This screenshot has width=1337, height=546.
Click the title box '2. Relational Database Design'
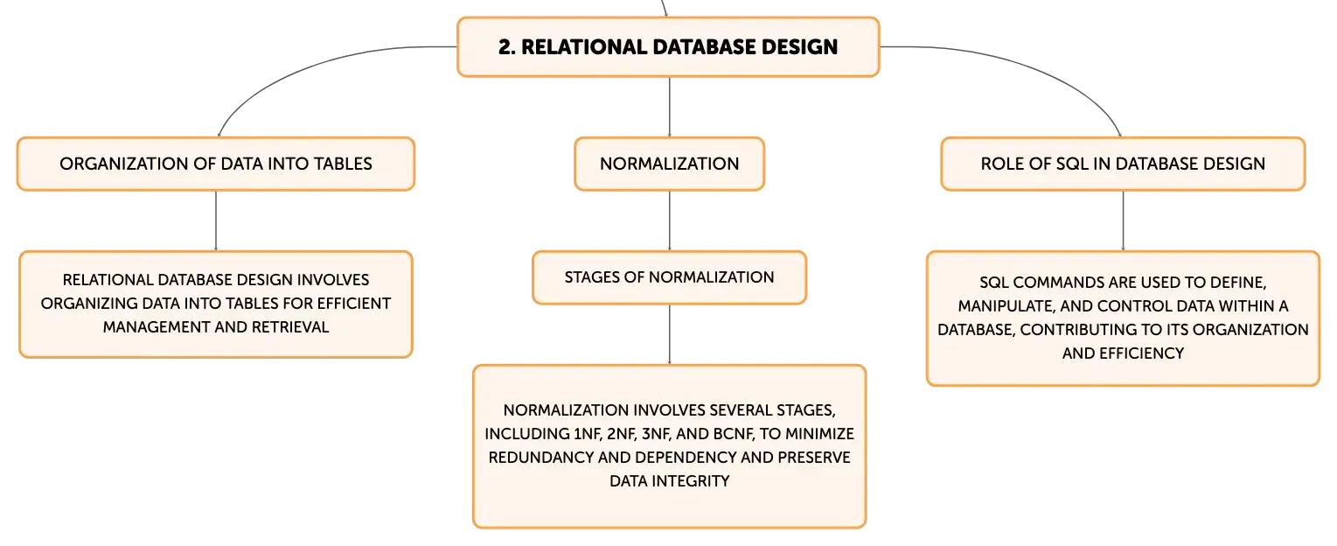coord(668,46)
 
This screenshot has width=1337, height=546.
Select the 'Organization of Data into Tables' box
coord(215,164)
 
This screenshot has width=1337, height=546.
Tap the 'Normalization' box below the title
coord(669,164)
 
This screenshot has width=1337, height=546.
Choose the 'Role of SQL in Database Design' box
coord(1123,164)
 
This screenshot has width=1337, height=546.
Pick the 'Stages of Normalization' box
coord(669,277)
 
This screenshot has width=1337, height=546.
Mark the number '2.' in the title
coord(507,47)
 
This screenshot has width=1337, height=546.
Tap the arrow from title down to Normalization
coord(669,107)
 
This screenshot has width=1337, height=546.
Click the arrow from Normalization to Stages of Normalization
coord(669,220)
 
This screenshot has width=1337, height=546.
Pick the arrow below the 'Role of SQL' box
coord(1123,220)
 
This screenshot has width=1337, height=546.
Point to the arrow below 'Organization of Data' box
coord(215,220)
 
